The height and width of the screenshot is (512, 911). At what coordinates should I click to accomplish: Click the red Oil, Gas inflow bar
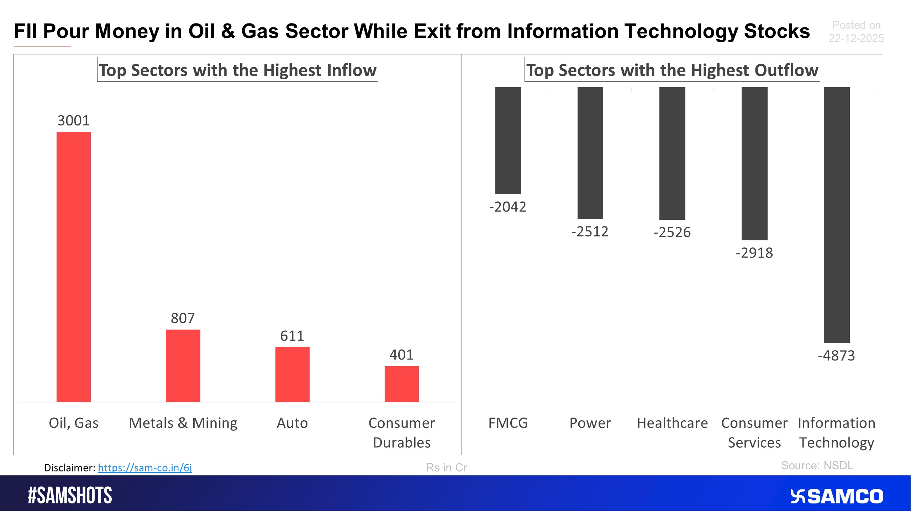(74, 267)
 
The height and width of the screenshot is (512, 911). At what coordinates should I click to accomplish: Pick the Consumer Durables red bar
(401, 384)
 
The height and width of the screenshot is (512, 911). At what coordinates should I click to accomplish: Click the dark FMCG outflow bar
(508, 140)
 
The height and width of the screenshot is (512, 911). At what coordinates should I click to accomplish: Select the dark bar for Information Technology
(836, 215)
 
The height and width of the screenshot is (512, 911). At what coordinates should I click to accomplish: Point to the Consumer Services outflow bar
(754, 164)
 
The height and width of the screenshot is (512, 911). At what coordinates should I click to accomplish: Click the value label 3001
(74, 121)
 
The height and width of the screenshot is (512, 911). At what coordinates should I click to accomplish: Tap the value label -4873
(836, 356)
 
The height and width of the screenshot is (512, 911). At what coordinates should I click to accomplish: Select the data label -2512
(590, 232)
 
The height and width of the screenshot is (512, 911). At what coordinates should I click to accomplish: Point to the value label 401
(401, 354)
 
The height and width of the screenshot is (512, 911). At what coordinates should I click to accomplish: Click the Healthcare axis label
(672, 423)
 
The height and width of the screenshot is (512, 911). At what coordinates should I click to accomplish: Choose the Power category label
(590, 423)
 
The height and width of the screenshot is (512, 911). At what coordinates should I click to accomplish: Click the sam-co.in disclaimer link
(145, 468)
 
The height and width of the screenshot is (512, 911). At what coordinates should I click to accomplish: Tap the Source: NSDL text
(817, 465)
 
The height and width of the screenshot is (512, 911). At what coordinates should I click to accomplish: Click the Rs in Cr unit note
(446, 468)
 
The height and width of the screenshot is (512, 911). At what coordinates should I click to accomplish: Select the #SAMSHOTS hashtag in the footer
(70, 495)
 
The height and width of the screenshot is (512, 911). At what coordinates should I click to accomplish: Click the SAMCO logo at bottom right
(837, 496)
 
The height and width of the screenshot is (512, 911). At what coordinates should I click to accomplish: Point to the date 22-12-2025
(856, 38)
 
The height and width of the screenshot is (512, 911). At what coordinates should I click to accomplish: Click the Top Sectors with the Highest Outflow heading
(672, 70)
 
